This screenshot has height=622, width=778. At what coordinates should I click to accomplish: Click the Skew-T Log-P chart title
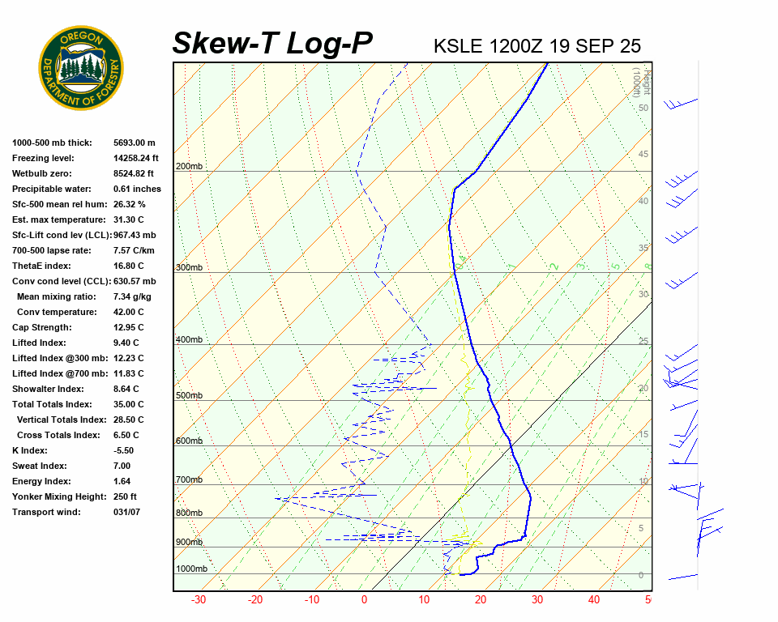(272, 44)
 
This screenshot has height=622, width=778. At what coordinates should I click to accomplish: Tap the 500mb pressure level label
(189, 395)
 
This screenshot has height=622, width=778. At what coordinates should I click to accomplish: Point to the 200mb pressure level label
(189, 166)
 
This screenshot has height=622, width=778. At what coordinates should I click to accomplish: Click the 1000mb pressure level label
(191, 569)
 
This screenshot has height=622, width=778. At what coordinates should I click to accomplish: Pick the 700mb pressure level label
(189, 479)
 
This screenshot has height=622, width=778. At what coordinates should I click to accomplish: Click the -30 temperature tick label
(198, 600)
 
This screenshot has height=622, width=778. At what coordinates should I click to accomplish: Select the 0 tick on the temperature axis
(364, 600)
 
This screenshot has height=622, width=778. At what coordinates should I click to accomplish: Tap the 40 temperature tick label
(594, 600)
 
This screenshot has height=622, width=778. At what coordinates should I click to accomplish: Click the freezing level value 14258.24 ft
(136, 158)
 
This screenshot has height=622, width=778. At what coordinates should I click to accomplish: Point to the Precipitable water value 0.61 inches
(137, 189)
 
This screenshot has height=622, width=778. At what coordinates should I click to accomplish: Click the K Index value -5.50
(123, 450)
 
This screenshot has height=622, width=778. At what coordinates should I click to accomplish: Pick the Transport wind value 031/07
(127, 512)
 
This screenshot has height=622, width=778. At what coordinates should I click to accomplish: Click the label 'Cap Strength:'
(41, 327)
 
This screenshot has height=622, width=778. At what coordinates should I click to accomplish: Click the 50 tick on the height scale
(643, 108)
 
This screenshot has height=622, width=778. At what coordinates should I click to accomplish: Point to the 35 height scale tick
(643, 248)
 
